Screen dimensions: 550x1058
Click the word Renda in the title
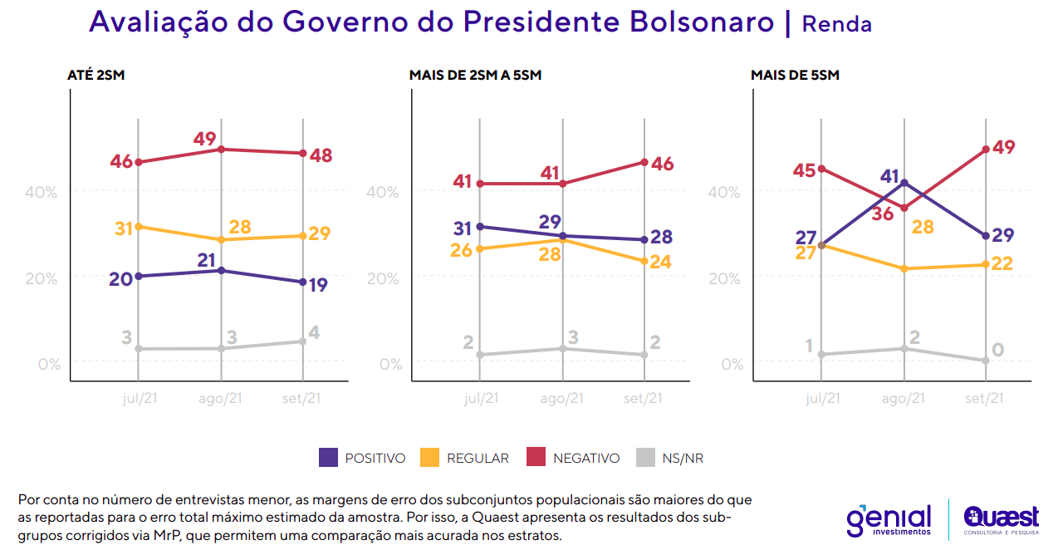point(836,24)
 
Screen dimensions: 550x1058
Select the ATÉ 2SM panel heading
point(96,76)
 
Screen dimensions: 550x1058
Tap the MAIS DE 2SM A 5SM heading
point(475,76)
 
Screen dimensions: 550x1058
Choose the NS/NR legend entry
point(670,458)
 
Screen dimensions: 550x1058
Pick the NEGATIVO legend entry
point(574,458)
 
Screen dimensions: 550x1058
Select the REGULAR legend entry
point(465,458)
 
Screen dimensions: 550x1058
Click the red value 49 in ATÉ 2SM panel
point(206,139)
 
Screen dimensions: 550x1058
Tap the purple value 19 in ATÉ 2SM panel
point(317,285)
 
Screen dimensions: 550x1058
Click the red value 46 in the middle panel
point(662,164)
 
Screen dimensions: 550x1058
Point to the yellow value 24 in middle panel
point(659,262)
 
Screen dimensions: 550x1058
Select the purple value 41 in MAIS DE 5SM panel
point(890,176)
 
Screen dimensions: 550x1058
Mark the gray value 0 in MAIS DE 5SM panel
point(997,350)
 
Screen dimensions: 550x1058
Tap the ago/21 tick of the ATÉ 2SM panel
point(220,398)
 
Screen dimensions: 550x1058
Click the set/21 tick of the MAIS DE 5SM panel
point(984,398)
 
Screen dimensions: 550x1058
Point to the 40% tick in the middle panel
point(383,192)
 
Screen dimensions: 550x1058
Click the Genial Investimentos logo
point(889,521)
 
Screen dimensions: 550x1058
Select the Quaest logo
point(1001,521)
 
